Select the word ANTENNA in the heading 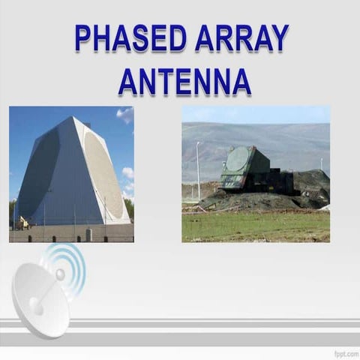184,81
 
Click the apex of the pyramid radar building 73,118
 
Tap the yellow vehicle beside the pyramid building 23,222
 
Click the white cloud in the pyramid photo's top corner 125,114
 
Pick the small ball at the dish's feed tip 60,275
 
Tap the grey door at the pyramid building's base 88,234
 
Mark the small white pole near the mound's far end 321,163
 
